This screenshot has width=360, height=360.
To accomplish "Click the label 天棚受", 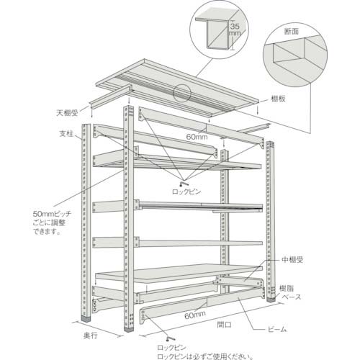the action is [67, 113].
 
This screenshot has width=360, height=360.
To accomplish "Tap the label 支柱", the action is [66, 134].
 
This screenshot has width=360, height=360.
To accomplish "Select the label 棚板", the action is [278, 99].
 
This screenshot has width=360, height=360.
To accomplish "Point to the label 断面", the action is [292, 31].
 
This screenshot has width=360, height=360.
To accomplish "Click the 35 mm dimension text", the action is [235, 29].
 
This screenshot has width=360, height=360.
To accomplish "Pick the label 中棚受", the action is [292, 260].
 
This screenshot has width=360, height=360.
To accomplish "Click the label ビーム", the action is [277, 329].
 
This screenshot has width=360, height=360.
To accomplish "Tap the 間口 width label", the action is [224, 325].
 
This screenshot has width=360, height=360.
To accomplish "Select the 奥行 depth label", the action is [91, 336].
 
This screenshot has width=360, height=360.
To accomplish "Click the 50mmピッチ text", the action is [52, 214].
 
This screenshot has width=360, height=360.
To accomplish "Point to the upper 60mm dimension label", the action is [197, 137].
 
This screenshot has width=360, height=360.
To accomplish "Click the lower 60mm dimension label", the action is [195, 315].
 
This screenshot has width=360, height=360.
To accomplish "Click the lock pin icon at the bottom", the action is [171, 338].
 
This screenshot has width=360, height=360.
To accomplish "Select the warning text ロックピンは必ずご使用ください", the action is [205, 356].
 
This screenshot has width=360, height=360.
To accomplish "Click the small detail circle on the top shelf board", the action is [182, 93].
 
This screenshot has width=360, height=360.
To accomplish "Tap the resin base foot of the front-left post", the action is [86, 319].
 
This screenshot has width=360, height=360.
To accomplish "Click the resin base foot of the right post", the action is [271, 300].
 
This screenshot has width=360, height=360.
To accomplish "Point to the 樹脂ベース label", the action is [290, 293].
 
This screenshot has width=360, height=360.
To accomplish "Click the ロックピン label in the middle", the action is [186, 192].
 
